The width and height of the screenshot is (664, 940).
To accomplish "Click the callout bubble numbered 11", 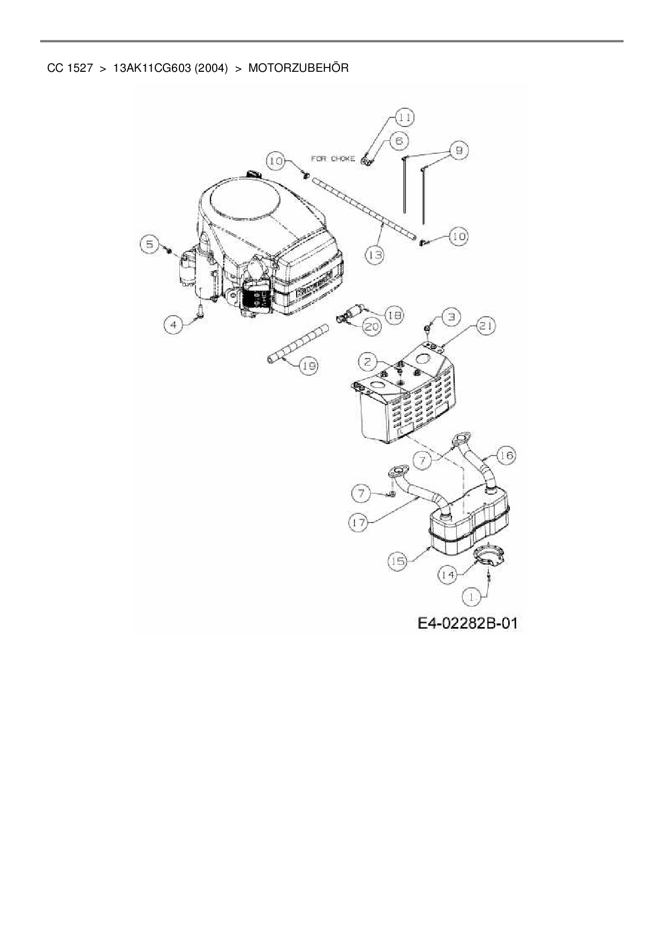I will click(405, 116).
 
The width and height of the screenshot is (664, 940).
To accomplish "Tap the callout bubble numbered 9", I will click(458, 151).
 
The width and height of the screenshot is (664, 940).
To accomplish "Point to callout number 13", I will click(375, 255).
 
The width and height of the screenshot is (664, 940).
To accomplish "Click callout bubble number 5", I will click(150, 244).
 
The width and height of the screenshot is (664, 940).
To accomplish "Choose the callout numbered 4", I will click(173, 325).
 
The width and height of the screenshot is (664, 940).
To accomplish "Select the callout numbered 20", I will click(372, 326).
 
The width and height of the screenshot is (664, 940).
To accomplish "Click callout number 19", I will click(308, 366).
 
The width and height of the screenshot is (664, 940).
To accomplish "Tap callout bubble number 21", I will click(486, 326).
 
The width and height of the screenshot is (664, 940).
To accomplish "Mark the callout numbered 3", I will click(451, 317).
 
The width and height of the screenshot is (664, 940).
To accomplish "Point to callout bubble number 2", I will click(367, 362).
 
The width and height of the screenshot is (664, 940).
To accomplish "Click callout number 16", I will click(505, 456).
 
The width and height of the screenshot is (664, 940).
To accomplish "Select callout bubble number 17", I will click(359, 523).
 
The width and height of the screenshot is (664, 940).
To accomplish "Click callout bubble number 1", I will click(472, 595).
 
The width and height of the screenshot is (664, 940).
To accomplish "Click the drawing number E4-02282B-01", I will click(468, 623).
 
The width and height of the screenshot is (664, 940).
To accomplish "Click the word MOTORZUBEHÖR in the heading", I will click(298, 68).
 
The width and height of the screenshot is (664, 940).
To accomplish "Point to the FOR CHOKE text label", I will click(333, 159).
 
